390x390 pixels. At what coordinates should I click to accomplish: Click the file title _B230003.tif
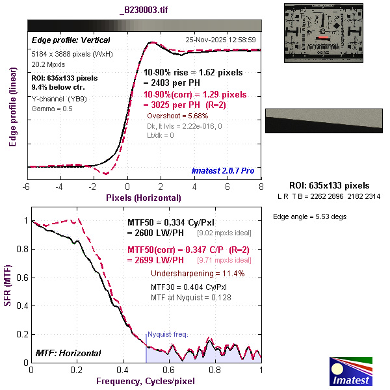[144, 11]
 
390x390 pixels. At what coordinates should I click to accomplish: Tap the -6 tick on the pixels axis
[27, 186]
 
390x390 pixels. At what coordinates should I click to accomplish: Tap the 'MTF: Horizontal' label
[68, 353]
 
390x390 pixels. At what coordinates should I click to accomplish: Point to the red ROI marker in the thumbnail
[323, 38]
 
